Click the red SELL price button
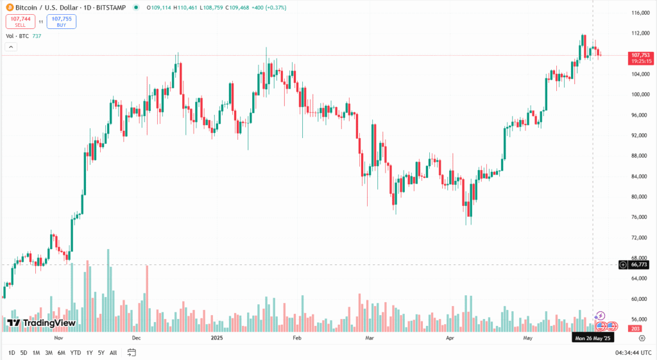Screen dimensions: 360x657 tap(19, 21)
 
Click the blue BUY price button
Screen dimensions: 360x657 tap(61, 21)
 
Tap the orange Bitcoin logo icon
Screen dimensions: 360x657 tap(9, 8)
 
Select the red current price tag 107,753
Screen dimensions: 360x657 tap(641, 55)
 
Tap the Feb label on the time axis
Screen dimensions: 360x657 tap(296, 337)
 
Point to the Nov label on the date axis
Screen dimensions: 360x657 tap(58, 337)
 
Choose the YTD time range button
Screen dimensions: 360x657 tap(75, 352)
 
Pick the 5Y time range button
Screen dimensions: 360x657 tap(101, 352)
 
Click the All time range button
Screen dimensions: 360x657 tap(114, 352)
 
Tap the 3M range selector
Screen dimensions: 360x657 tap(49, 352)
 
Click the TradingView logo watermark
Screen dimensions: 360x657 tap(42, 323)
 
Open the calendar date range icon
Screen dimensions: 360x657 tap(132, 352)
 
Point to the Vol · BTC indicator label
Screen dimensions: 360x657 tap(18, 37)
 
